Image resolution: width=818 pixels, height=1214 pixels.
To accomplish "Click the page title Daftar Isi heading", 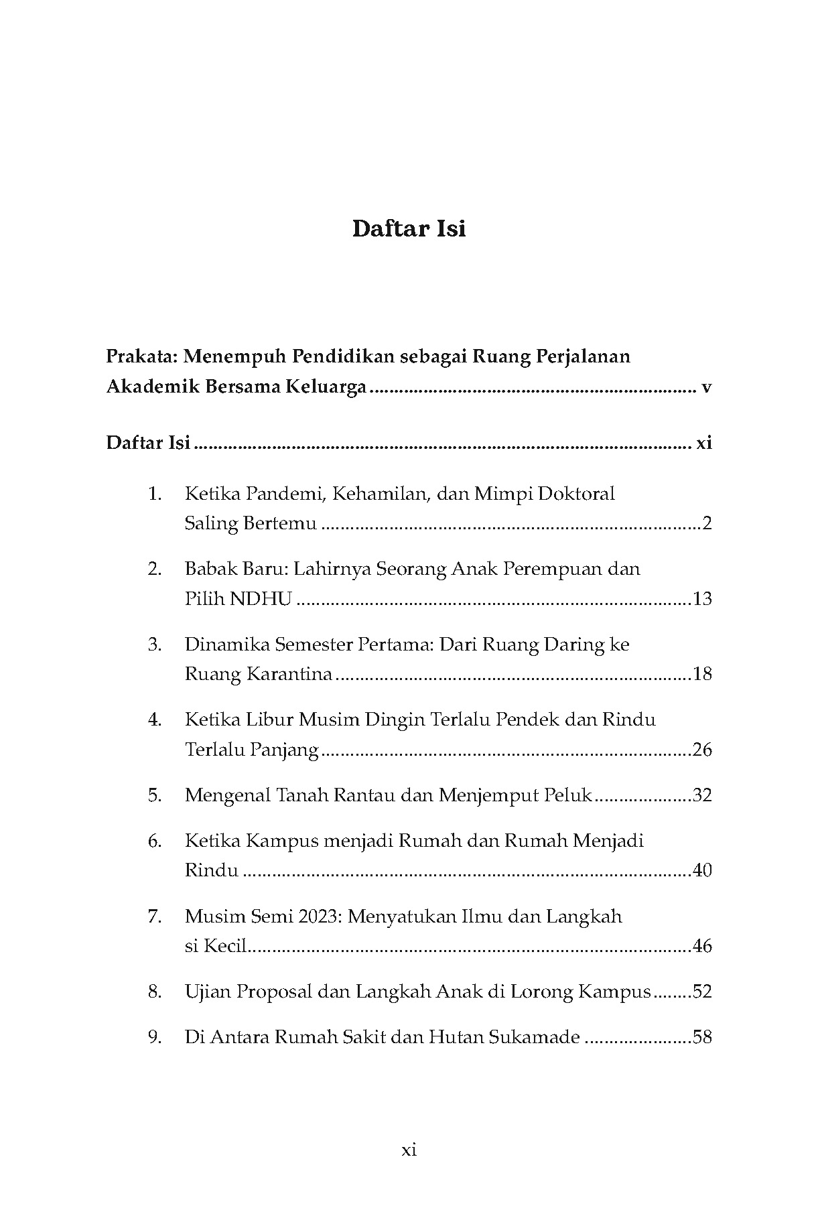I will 409,229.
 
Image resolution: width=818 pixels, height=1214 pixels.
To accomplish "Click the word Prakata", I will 141,356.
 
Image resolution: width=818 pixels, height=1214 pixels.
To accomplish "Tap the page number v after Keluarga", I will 705,387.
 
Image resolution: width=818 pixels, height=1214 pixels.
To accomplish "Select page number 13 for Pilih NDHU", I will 702,598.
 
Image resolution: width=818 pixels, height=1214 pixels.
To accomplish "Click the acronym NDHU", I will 261,598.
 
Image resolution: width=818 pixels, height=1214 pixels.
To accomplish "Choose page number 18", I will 702,674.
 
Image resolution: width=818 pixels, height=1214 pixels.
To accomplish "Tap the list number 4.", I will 155,720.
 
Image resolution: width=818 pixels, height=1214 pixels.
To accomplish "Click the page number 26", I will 702,749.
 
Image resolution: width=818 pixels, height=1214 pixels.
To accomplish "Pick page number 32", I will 702,795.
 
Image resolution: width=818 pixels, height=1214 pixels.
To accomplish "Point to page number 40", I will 702,870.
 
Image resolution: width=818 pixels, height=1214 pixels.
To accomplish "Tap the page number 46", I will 702,946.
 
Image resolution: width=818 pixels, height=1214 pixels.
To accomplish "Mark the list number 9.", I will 155,1038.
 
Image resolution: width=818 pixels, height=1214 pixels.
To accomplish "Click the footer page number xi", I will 409,1150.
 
